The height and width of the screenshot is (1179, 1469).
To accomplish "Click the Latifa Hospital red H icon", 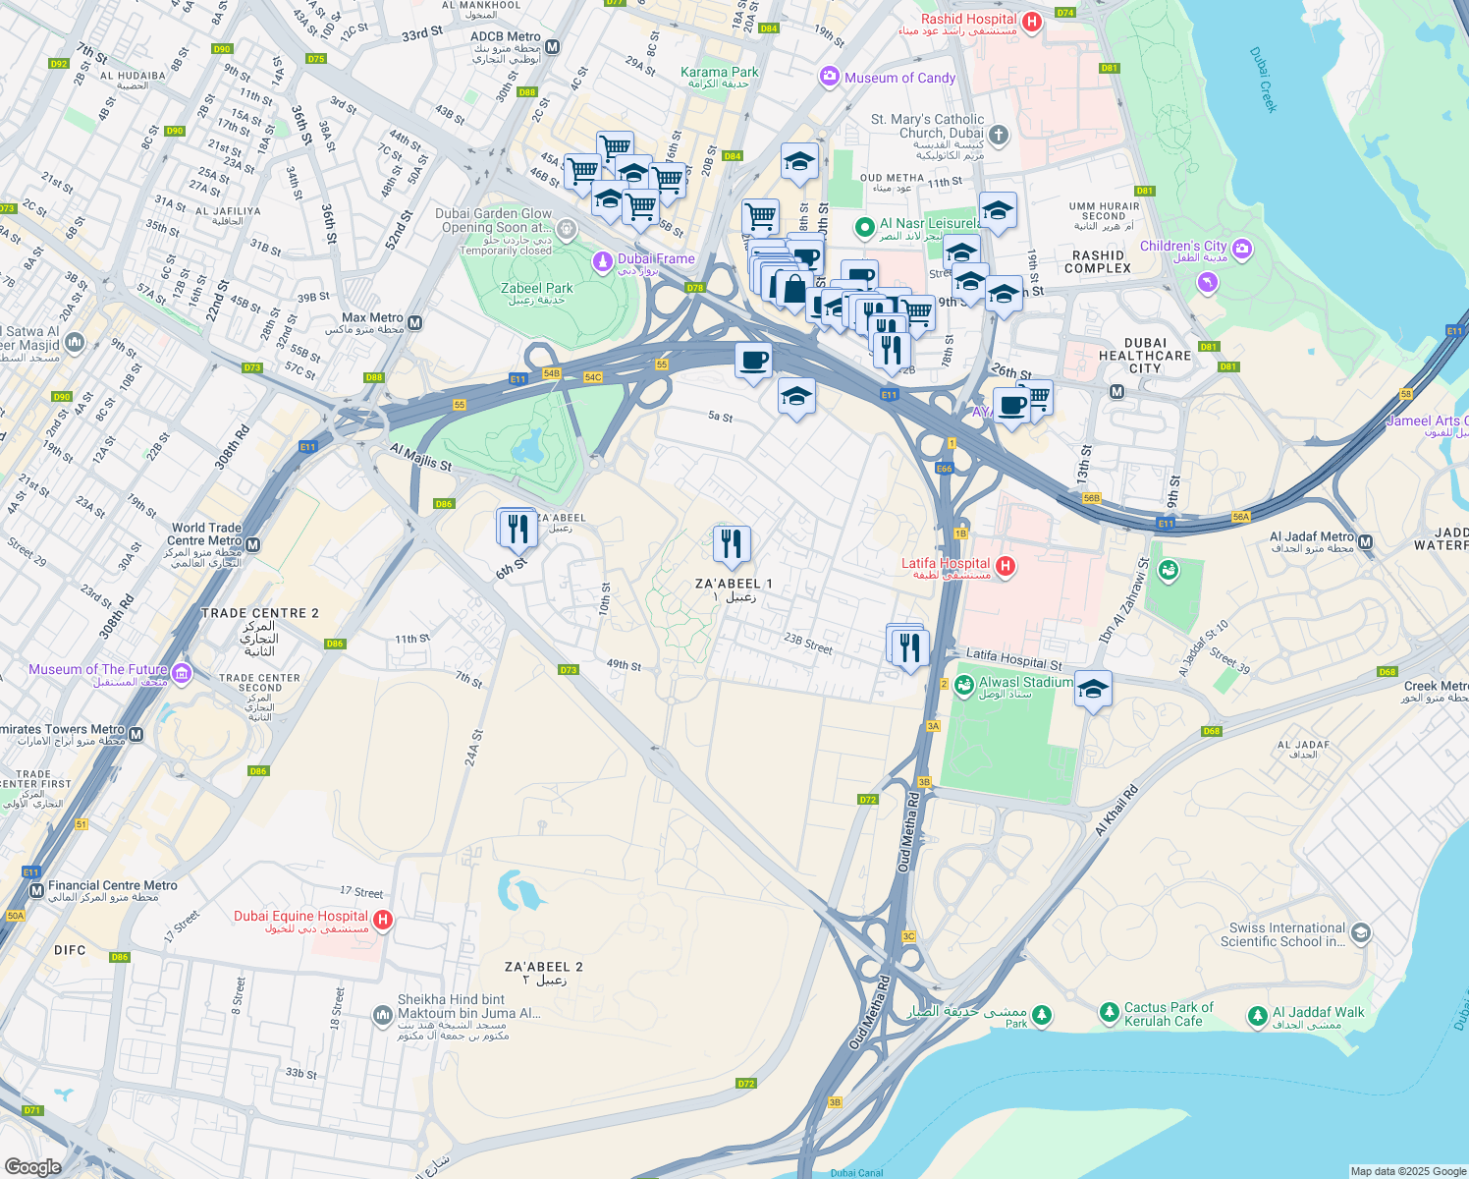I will [x=1005, y=566].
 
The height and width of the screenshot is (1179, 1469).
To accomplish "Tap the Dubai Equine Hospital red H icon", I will [x=383, y=921].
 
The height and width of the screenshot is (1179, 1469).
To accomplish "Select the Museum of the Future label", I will [x=98, y=670].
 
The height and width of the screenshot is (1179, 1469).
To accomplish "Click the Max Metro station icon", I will [x=414, y=322].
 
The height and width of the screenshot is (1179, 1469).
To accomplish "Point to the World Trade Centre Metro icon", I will [x=253, y=545].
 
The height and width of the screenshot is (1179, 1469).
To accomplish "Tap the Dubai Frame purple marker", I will [x=602, y=261].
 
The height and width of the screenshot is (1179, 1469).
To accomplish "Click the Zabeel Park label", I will [x=536, y=289].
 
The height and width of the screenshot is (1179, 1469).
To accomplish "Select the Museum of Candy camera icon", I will [x=830, y=77].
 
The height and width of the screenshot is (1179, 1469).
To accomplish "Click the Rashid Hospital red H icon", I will [x=1031, y=22].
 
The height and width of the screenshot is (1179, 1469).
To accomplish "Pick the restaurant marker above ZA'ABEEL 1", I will [x=732, y=543].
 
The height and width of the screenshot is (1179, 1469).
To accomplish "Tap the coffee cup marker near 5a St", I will [x=754, y=361].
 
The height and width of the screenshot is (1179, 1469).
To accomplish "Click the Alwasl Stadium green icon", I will [x=963, y=684].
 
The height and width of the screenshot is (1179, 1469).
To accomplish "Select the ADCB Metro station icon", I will [x=553, y=46].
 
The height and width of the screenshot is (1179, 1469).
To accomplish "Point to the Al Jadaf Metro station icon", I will [x=1365, y=541].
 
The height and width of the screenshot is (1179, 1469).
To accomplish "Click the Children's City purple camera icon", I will [x=1242, y=247].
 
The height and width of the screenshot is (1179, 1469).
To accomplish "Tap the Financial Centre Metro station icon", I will [x=36, y=890].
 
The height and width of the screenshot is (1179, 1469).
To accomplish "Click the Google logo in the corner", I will [x=32, y=1166].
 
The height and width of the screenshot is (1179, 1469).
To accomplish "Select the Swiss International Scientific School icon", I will [x=1360, y=932].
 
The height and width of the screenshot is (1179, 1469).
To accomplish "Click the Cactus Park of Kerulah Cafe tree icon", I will [x=1109, y=1012].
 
